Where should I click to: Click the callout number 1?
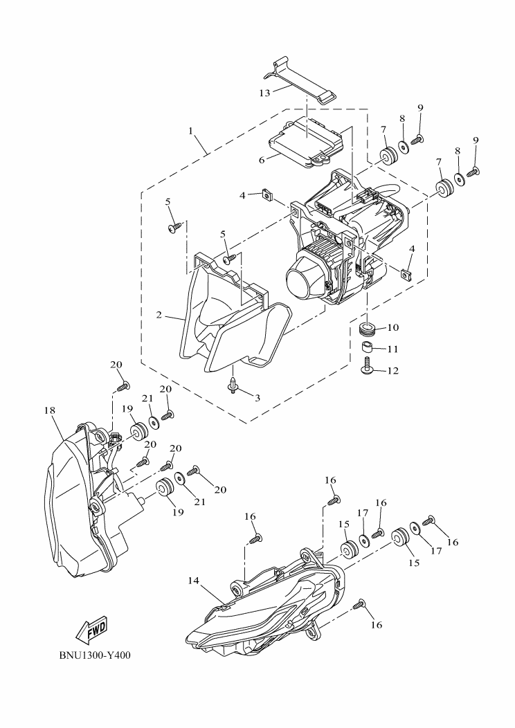point(190,129)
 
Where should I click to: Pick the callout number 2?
point(159,315)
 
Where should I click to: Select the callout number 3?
point(257,397)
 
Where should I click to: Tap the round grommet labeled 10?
point(368,327)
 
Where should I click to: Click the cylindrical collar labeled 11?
point(368,345)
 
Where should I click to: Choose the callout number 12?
point(393,371)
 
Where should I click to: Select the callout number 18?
point(49,410)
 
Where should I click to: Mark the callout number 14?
point(194,581)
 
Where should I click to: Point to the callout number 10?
point(392,327)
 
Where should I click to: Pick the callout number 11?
point(392,349)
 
